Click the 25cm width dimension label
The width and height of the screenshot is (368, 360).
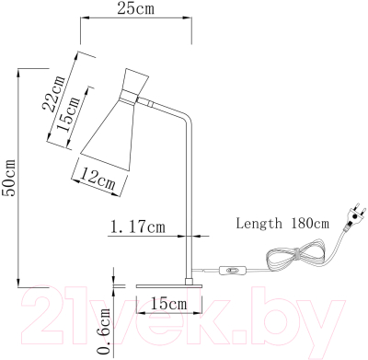tap(135, 9)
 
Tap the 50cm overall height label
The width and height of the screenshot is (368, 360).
tap(8, 178)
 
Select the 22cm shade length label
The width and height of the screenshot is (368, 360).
tap(54, 93)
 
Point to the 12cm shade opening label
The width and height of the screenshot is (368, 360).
tap(98, 180)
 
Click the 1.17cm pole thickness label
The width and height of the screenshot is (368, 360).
tap(137, 227)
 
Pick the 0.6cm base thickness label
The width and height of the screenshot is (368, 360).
tap(104, 331)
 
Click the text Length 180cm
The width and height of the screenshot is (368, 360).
tap(282, 223)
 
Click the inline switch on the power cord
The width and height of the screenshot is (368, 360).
tap(233, 271)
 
